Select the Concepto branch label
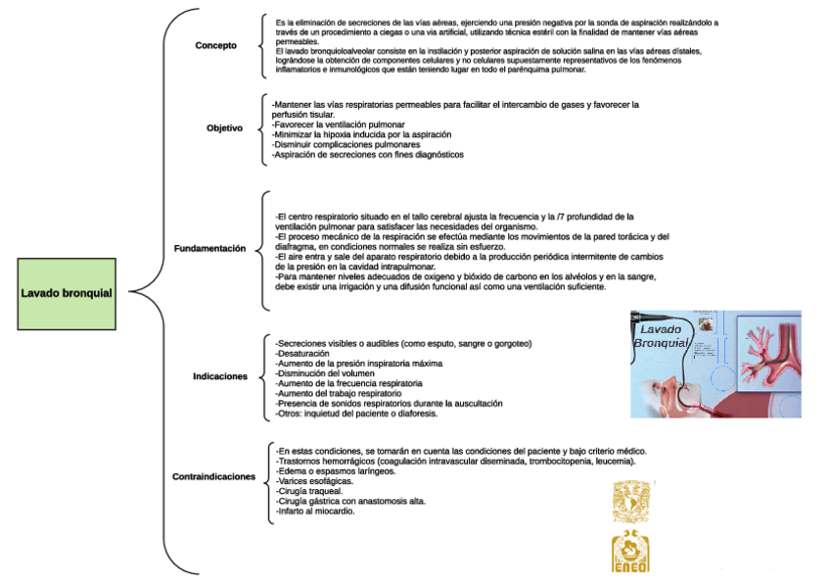point(215,45)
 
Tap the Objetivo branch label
point(224,128)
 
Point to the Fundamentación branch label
point(209,249)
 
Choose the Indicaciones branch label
point(220,376)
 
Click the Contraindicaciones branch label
point(213,477)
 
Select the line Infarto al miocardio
point(316,512)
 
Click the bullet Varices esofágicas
point(315,482)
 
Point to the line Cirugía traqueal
point(310,492)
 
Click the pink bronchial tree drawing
point(768,353)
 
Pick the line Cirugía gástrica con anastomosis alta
point(351,502)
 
